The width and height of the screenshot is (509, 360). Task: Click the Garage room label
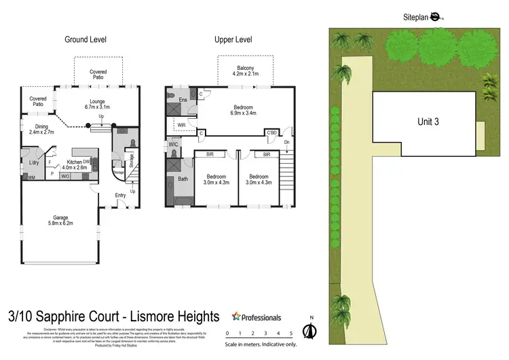(x=60, y=219)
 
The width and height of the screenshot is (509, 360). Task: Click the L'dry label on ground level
(x=33, y=163)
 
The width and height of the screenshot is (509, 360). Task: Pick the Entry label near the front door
(x=120, y=196)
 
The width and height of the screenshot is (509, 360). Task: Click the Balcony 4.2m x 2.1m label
(x=246, y=71)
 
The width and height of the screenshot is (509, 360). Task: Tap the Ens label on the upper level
(x=183, y=101)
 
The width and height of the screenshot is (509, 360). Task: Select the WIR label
(x=182, y=126)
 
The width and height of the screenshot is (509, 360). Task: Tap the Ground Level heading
(x=85, y=40)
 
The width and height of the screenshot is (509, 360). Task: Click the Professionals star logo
(x=236, y=317)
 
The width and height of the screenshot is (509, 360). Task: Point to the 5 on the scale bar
(x=290, y=334)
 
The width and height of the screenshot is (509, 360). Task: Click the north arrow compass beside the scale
(x=310, y=330)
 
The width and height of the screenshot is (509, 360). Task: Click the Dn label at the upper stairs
(x=286, y=143)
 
